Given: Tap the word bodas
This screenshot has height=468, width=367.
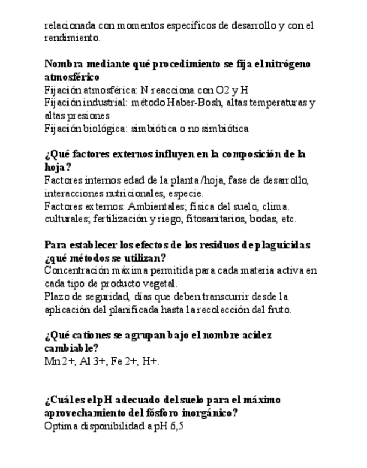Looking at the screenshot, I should click(x=264, y=219).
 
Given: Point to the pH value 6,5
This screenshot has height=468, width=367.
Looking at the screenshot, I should click(x=173, y=426).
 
